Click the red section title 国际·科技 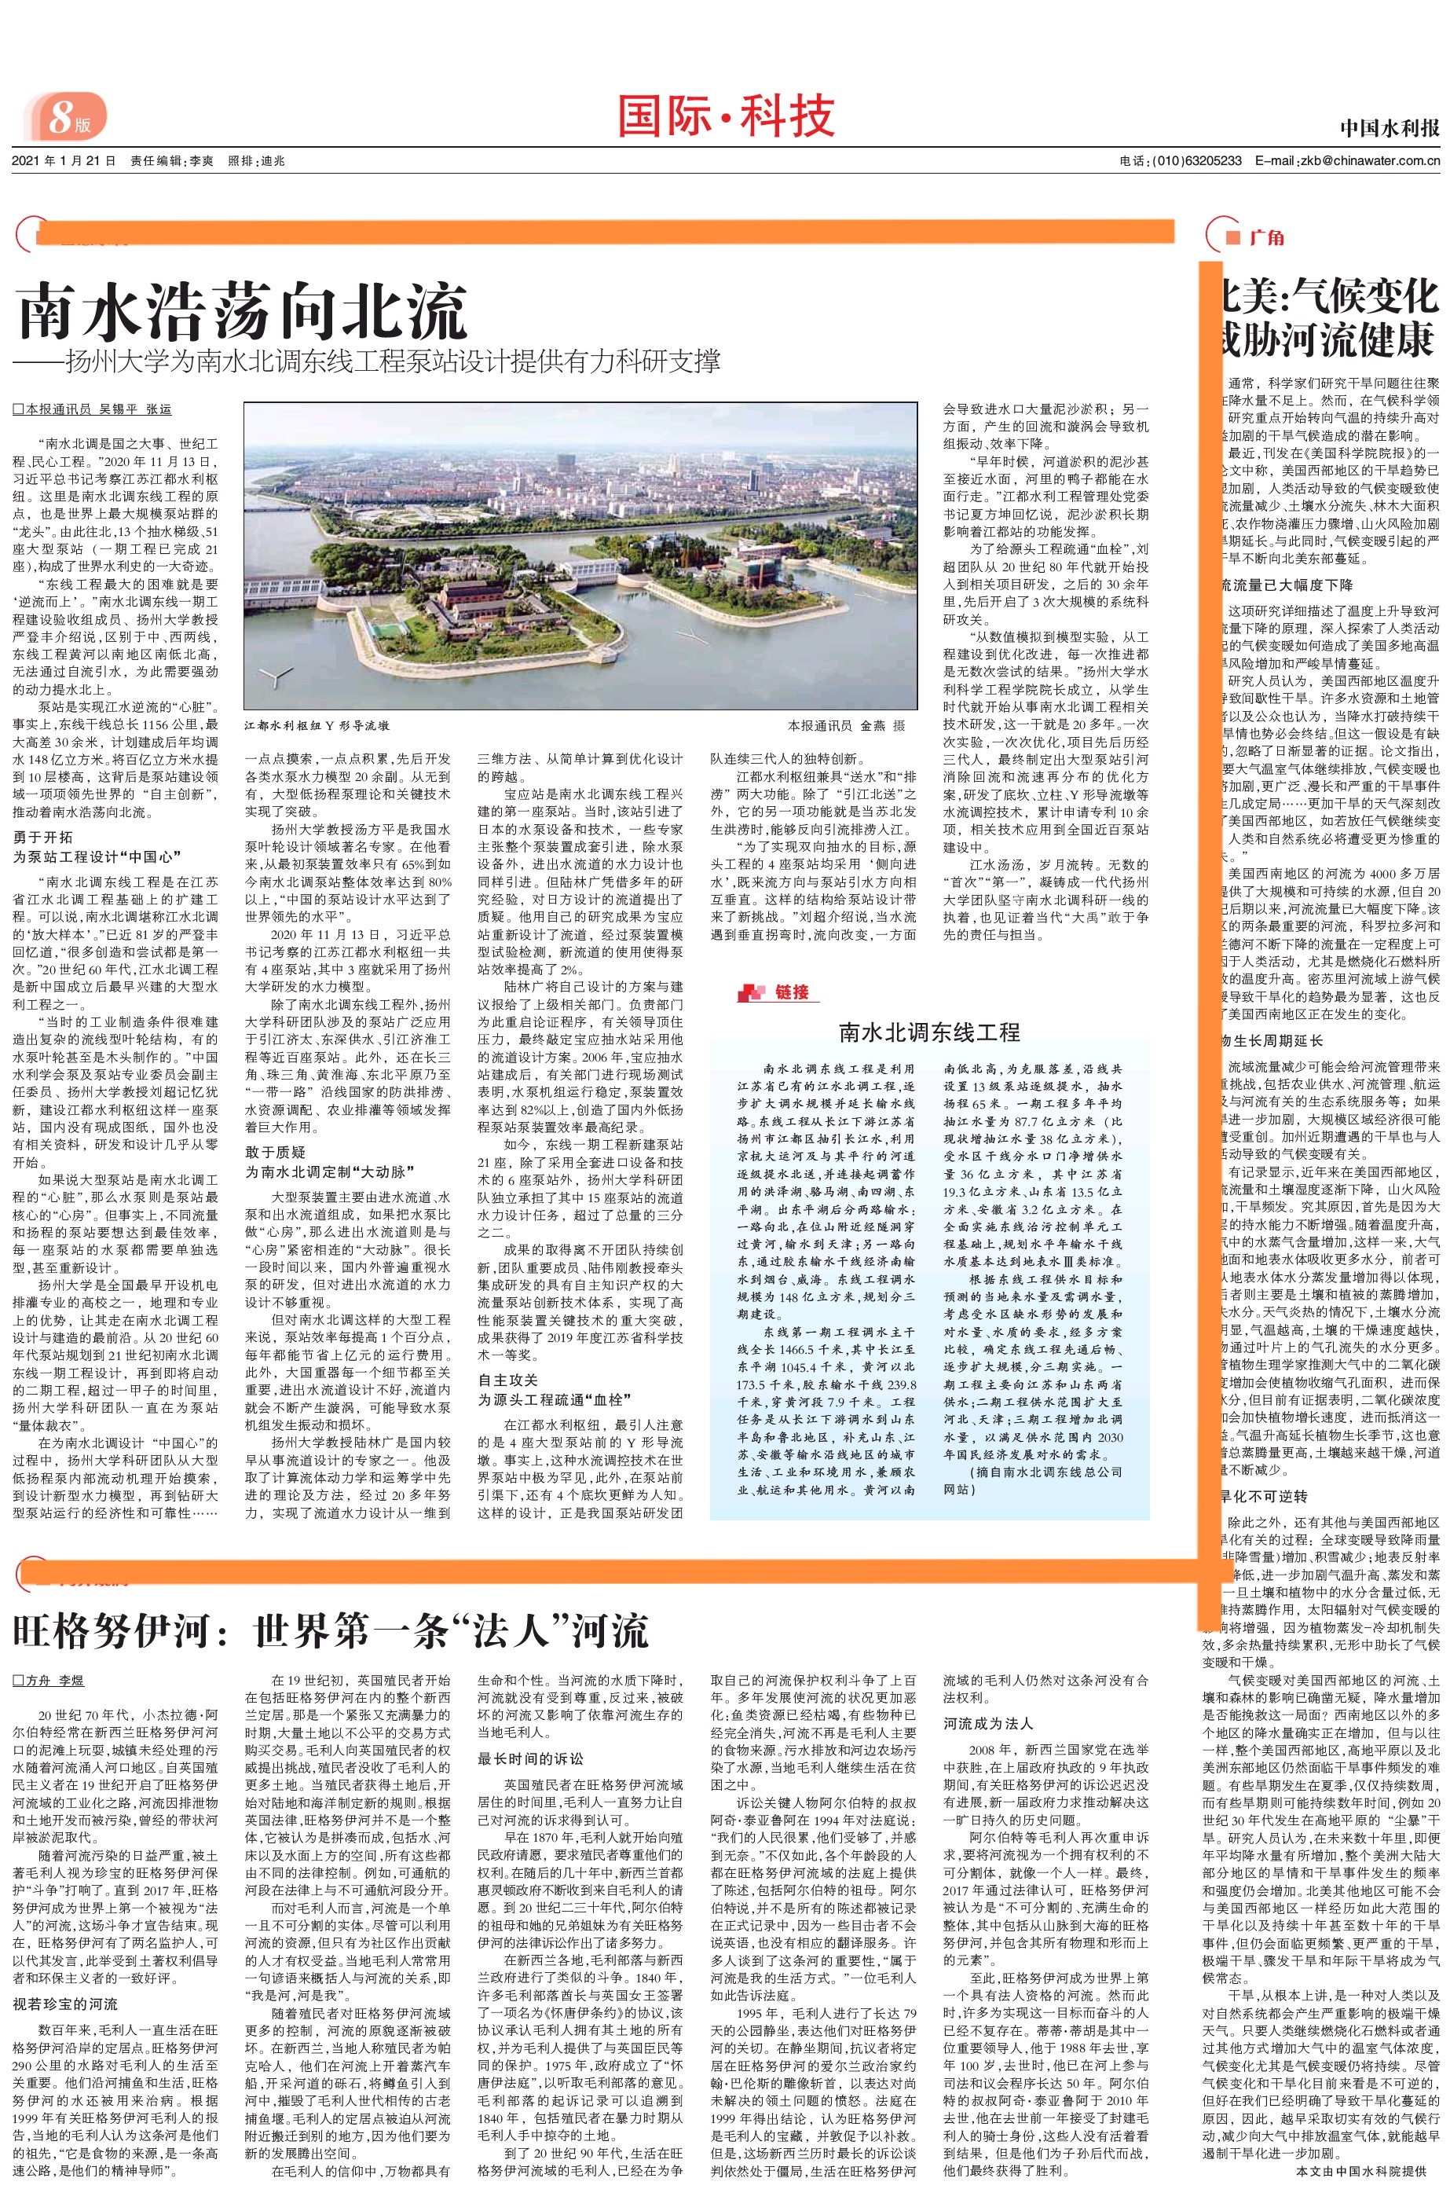(725, 116)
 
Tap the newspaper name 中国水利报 (1389, 129)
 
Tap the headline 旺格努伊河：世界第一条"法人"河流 (331, 1630)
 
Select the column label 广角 (1266, 237)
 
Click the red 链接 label (792, 992)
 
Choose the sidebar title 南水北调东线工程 (928, 1032)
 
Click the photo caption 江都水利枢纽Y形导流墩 (317, 727)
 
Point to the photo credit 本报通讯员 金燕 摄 (846, 727)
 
